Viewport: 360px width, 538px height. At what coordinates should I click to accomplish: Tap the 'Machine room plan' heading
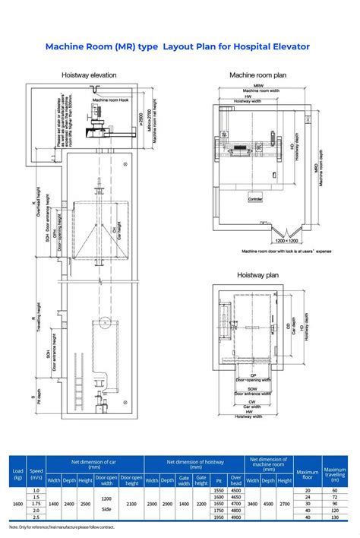click(258, 75)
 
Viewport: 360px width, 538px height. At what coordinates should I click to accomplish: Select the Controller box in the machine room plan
click(254, 198)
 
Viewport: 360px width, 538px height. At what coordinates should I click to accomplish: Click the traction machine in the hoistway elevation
click(97, 122)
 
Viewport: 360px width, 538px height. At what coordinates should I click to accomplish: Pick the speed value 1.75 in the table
click(36, 503)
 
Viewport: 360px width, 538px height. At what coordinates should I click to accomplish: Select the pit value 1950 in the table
click(219, 517)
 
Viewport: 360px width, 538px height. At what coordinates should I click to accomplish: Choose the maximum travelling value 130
click(335, 517)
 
